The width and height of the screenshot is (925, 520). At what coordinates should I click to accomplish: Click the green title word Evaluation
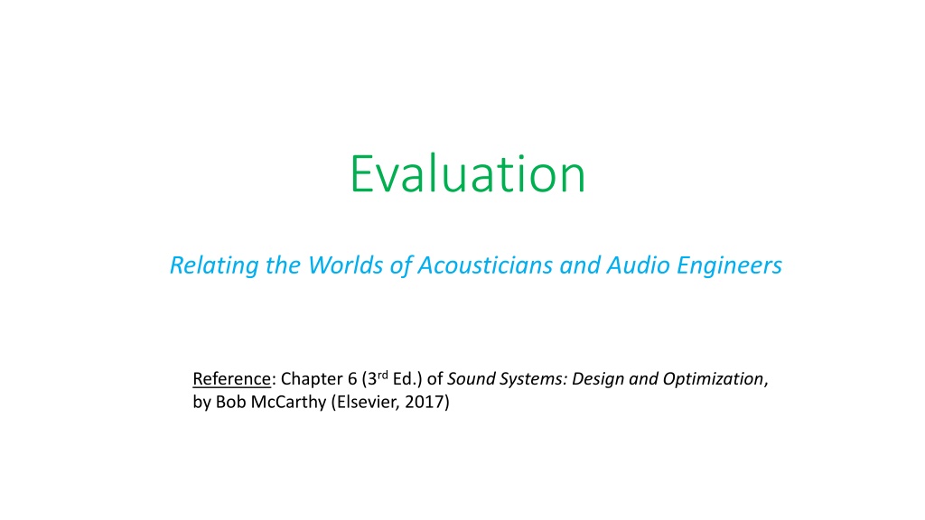[468, 173]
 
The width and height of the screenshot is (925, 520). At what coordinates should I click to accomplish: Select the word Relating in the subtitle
[214, 266]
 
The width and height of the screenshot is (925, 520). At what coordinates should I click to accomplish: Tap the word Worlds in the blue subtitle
[346, 265]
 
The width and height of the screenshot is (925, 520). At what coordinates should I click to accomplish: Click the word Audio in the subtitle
[639, 265]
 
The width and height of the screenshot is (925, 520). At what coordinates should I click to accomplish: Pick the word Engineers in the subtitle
[729, 266]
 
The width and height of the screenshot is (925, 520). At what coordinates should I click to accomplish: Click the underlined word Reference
[231, 378]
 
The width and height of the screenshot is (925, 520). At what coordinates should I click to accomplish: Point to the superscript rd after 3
[382, 375]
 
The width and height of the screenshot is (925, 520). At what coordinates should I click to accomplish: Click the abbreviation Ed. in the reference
[405, 378]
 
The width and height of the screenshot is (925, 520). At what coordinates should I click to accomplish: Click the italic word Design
[598, 379]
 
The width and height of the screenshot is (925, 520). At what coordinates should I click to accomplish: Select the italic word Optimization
[714, 379]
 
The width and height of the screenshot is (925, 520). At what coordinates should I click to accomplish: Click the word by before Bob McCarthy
[201, 403]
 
